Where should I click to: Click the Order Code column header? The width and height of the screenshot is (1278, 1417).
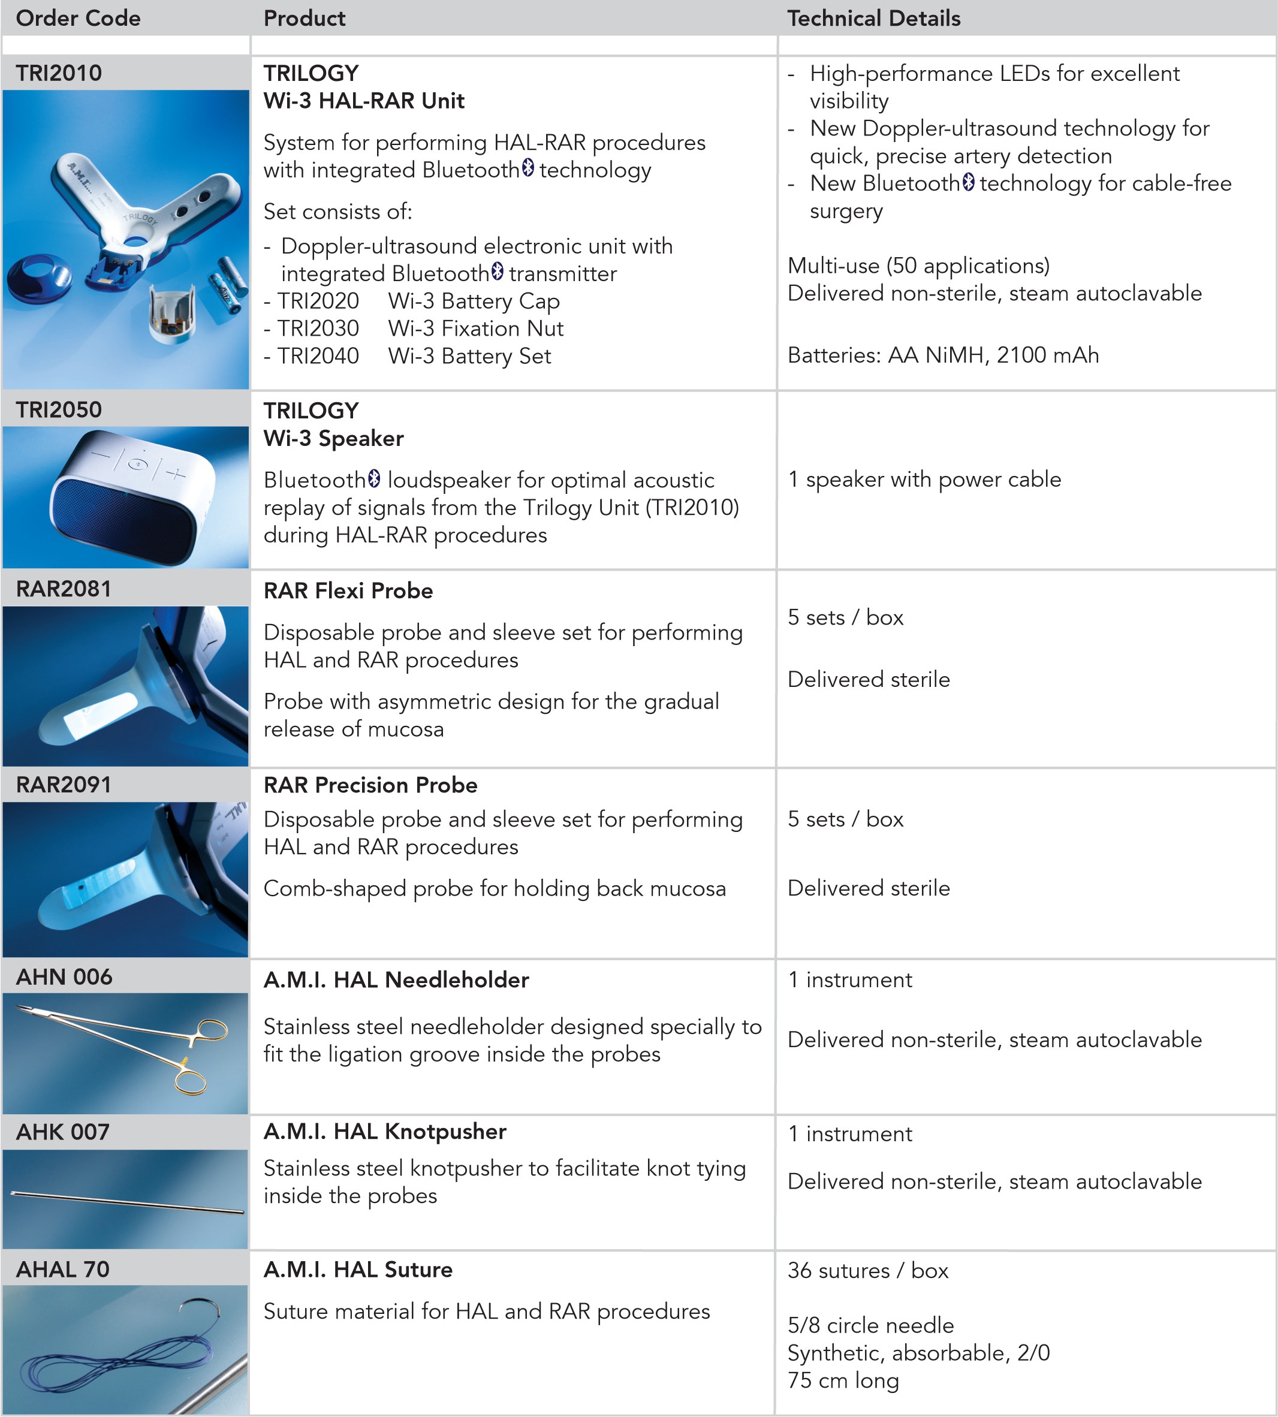78,18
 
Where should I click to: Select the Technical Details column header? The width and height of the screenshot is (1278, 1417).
873,18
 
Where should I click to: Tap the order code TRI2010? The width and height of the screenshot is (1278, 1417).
59,73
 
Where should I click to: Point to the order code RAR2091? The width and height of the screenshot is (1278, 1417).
63,785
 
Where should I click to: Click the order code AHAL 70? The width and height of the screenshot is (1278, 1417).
62,1269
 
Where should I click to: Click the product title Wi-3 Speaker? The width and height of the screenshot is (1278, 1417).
333,438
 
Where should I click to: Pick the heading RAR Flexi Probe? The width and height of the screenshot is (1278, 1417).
348,590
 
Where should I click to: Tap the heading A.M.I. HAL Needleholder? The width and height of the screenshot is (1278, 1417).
396,979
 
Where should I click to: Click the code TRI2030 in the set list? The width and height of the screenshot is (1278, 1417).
318,328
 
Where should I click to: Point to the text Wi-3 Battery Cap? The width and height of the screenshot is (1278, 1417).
474,302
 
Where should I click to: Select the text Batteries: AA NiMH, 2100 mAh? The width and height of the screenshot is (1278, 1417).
942,355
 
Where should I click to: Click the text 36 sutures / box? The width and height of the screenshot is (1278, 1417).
867,1270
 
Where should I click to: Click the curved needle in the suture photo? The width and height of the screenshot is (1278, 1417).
201,1310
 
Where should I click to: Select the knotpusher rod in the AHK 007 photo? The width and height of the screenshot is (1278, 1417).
126,1203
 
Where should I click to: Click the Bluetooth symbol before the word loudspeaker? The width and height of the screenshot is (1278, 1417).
374,479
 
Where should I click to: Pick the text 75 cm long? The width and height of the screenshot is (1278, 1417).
843,1380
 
